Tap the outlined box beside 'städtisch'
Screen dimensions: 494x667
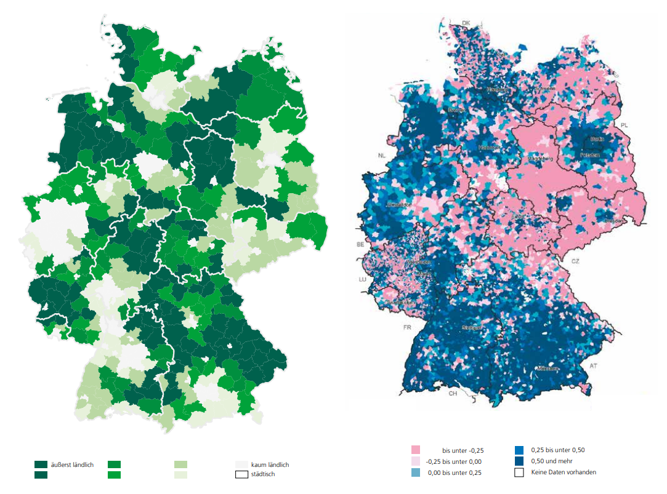(241, 475)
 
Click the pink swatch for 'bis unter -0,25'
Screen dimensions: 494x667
(415, 450)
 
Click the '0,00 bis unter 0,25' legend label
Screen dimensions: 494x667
(455, 472)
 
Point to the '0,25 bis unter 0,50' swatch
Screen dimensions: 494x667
(519, 450)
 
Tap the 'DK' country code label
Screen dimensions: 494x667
(466, 23)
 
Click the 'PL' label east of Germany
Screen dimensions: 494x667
(625, 125)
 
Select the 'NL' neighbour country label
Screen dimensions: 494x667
(381, 156)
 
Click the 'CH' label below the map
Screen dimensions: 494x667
(453, 393)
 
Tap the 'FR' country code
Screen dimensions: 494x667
(406, 327)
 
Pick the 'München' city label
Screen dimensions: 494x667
(547, 369)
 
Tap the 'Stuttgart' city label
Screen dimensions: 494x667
(472, 329)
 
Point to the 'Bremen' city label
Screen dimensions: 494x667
(456, 110)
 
